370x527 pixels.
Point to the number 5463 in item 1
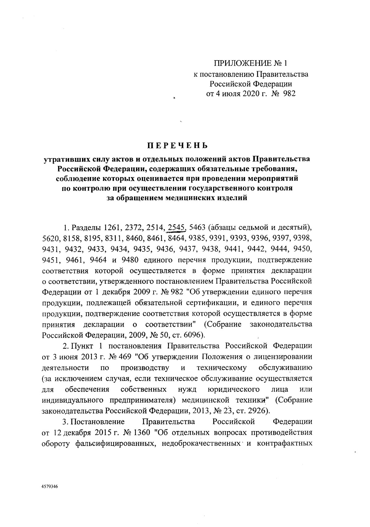[197, 228]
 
